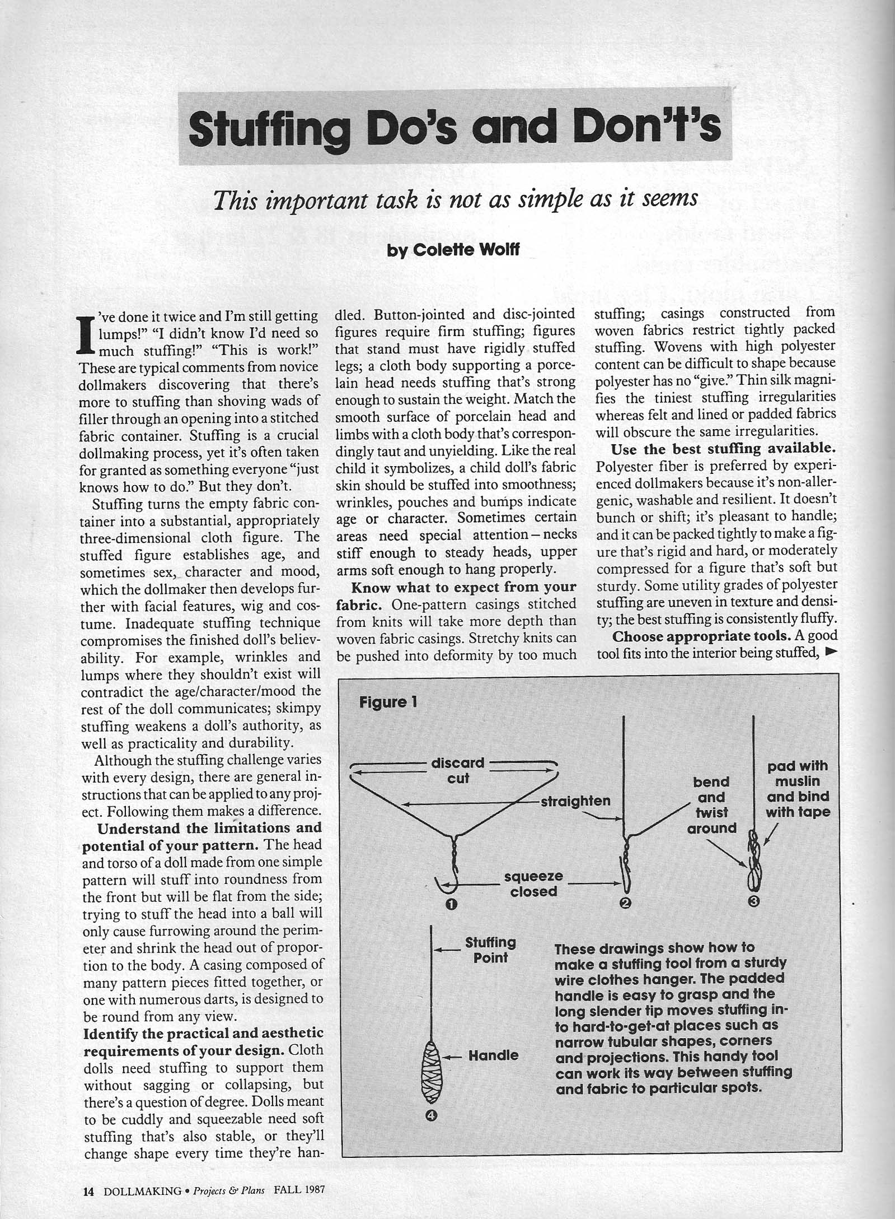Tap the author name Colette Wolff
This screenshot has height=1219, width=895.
(x=453, y=250)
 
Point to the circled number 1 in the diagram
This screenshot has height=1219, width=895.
(x=451, y=904)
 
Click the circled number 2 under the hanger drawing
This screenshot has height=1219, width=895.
(x=625, y=903)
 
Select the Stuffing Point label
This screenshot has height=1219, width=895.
(x=490, y=950)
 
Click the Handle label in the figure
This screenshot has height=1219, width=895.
(x=493, y=1055)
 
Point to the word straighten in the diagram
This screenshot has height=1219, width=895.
(x=575, y=801)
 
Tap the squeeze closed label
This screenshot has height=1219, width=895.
(x=533, y=883)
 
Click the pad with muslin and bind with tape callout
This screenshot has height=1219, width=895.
(x=798, y=789)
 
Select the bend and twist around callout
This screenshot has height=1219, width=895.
(x=711, y=804)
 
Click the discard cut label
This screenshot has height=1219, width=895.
(x=458, y=770)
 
